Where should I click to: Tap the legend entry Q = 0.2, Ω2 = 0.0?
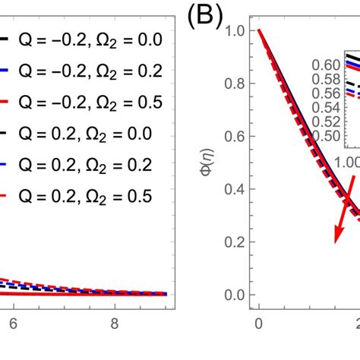click(x=84, y=134)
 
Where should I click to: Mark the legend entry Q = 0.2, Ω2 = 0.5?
click(x=84, y=197)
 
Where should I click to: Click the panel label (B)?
click(x=201, y=18)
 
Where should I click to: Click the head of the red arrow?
click(x=336, y=221)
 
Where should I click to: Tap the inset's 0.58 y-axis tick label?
click(x=329, y=78)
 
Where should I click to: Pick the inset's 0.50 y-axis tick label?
click(x=329, y=136)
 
